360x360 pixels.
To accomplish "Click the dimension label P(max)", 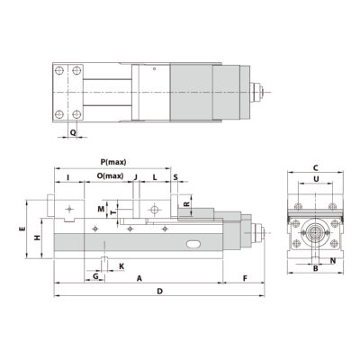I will tap(112, 161).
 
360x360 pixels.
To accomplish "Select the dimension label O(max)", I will tap(109, 175).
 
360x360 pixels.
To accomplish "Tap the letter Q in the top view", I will tap(73, 132).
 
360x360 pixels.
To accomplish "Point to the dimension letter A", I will tap(139, 279).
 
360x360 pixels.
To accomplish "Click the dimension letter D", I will tap(159, 293).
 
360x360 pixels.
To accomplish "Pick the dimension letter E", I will tap(22, 230).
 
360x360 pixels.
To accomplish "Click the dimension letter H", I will tap(35, 238).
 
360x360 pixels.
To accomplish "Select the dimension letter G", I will tap(95, 276).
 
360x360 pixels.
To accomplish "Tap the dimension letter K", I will tap(121, 267).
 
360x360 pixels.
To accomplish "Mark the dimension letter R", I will tap(185, 205).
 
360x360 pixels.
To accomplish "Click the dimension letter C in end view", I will tap(315, 168).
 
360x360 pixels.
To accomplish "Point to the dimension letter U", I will tap(315, 179).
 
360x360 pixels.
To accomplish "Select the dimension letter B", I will tap(315, 268).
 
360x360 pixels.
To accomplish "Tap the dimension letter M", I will tap(103, 209).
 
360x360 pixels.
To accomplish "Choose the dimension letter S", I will tap(175, 176).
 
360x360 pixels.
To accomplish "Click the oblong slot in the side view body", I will tap(191, 244).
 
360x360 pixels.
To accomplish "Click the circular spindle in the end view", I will tap(315, 231).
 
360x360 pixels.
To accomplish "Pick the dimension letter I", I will tap(68, 176).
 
